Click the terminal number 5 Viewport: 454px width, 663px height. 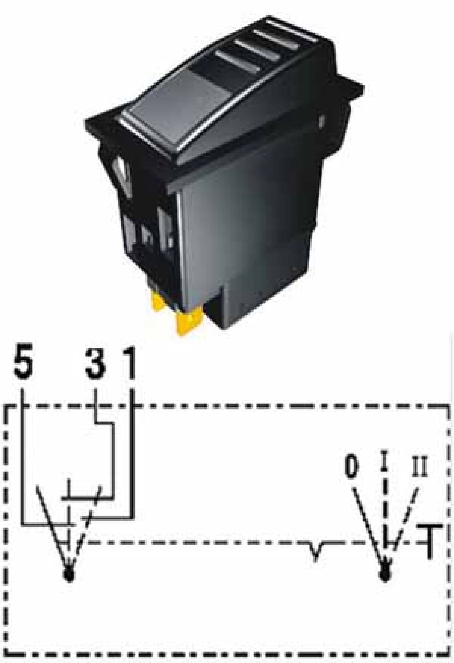(x=23, y=363)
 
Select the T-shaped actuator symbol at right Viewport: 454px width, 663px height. (x=429, y=541)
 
